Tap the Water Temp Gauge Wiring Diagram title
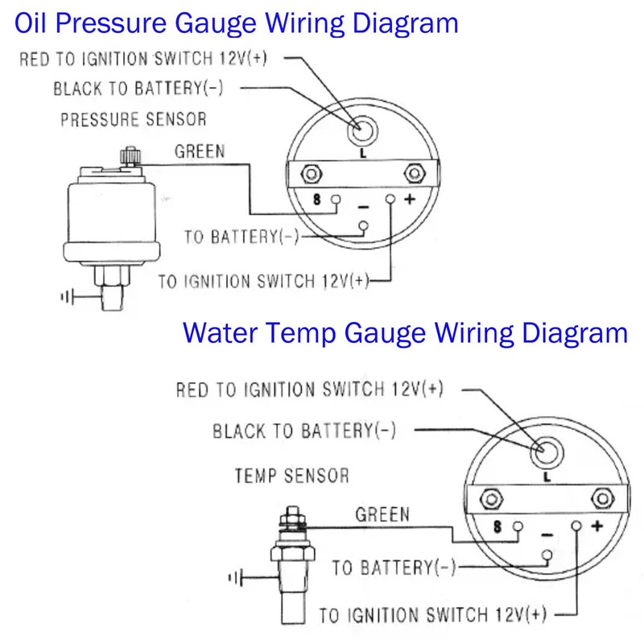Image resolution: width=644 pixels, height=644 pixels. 405,332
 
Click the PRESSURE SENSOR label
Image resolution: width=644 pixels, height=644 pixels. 134,120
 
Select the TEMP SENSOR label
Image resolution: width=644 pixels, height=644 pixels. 291,475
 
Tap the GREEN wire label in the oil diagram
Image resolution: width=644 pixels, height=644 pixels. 200,151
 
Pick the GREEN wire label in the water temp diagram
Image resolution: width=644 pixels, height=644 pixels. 382,514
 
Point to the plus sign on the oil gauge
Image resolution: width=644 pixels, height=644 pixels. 407,198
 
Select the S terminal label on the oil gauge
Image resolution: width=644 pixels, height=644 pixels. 317,199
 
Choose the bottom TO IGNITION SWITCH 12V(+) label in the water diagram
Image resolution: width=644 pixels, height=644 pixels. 433,616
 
